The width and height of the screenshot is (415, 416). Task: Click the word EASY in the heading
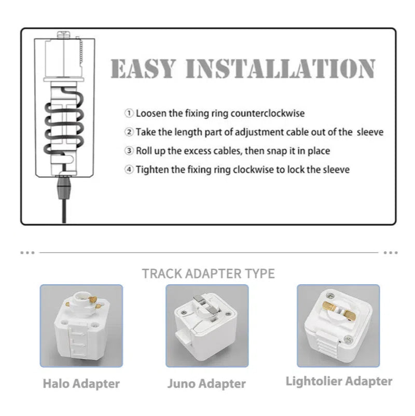pyautogui.click(x=143, y=68)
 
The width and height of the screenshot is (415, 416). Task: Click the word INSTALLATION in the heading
pyautogui.click(x=281, y=68)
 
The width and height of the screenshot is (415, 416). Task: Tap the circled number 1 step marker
pyautogui.click(x=129, y=113)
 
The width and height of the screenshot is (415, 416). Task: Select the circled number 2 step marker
pyautogui.click(x=129, y=132)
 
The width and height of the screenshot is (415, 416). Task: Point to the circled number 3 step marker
pyautogui.click(x=129, y=151)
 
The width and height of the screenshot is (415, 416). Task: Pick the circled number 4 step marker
pyautogui.click(x=129, y=169)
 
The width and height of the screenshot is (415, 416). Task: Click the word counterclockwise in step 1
pyautogui.click(x=268, y=114)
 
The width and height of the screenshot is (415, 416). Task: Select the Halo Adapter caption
pyautogui.click(x=81, y=384)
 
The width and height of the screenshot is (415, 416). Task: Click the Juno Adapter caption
pyautogui.click(x=206, y=384)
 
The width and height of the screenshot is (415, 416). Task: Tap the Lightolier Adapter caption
pyautogui.click(x=339, y=381)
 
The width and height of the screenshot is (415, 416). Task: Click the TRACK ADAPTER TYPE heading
pyautogui.click(x=209, y=273)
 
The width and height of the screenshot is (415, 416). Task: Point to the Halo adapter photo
pyautogui.click(x=81, y=326)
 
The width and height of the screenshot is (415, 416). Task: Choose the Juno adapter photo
pyautogui.click(x=207, y=326)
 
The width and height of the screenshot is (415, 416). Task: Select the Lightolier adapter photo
pyautogui.click(x=338, y=326)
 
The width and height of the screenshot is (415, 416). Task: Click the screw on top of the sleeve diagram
pyautogui.click(x=64, y=34)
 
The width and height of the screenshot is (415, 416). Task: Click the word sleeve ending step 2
pyautogui.click(x=370, y=132)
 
